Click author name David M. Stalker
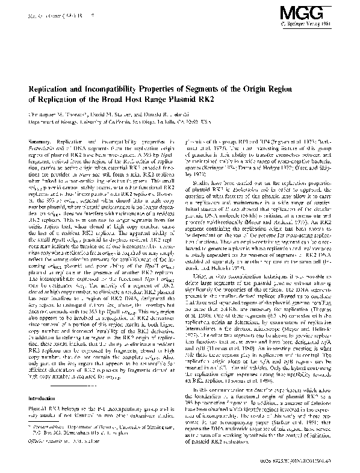point(99,113)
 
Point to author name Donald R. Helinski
point(149,113)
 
